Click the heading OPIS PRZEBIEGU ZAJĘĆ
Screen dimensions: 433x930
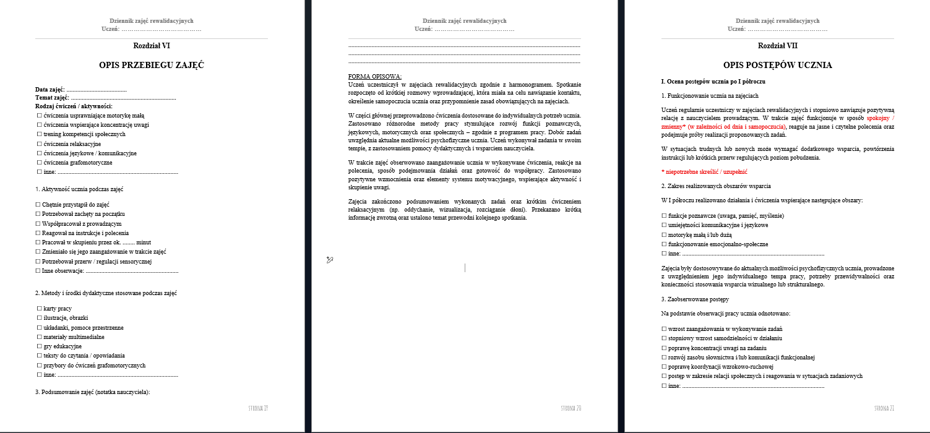(x=151, y=65)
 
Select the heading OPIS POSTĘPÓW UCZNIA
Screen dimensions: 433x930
(x=778, y=65)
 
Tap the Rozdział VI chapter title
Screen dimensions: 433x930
(x=151, y=46)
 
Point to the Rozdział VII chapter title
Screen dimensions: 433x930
(x=778, y=46)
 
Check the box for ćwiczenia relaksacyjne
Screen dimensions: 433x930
(x=39, y=144)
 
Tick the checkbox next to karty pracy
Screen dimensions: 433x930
(x=39, y=308)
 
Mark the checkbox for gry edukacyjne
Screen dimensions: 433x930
(x=39, y=346)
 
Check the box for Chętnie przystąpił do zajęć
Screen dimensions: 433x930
(x=38, y=204)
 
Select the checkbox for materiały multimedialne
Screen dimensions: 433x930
(x=39, y=337)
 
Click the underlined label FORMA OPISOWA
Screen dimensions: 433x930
(x=375, y=77)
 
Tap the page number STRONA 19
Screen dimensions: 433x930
(x=257, y=408)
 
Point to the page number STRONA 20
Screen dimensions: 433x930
(x=570, y=408)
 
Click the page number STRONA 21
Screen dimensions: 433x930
(x=884, y=408)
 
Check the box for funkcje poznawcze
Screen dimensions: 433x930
(x=664, y=215)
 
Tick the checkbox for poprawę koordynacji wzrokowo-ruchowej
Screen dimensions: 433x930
(x=664, y=367)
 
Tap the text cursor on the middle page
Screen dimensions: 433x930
(x=465, y=267)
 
